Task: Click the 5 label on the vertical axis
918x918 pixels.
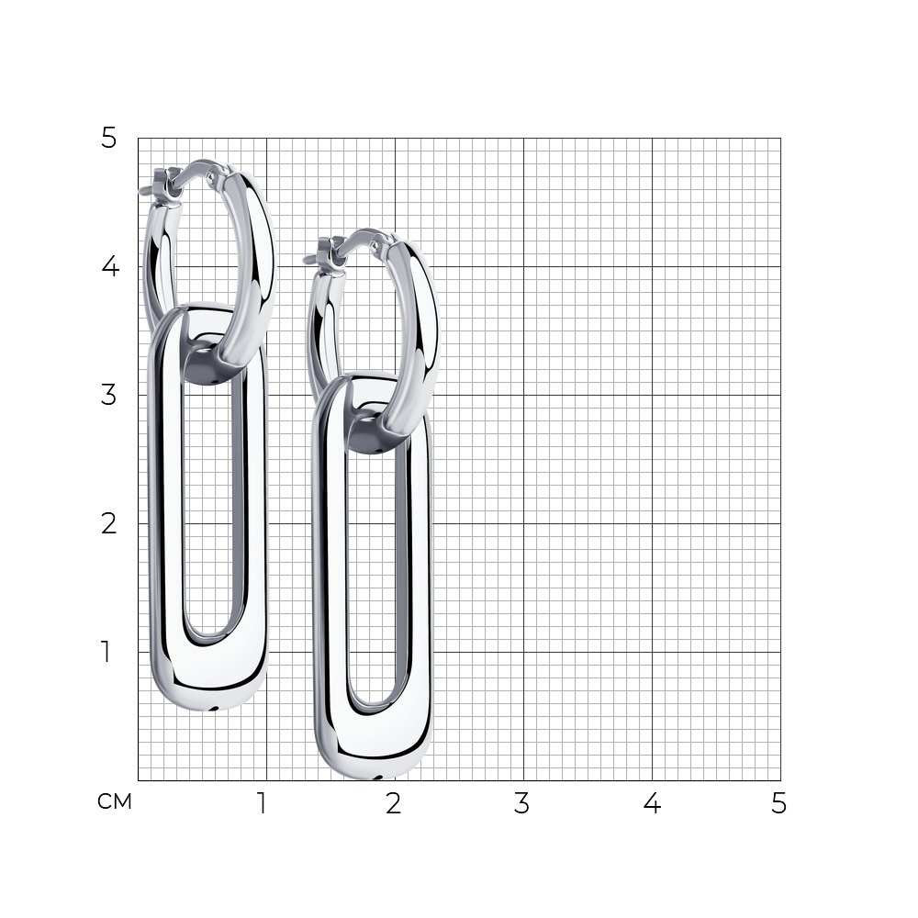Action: pos(109,139)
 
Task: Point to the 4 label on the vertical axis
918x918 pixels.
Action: pos(110,266)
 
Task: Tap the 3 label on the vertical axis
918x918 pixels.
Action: pos(109,395)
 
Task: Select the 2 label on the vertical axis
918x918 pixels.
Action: pos(109,523)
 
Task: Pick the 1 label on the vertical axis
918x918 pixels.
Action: pos(106,652)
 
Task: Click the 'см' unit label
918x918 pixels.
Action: pos(115,801)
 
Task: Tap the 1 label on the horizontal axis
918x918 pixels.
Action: pos(262,803)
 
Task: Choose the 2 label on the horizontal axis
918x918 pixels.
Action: pos(394,803)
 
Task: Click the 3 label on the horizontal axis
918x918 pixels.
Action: pos(521,803)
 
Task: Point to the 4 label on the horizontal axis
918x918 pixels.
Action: pos(652,803)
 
